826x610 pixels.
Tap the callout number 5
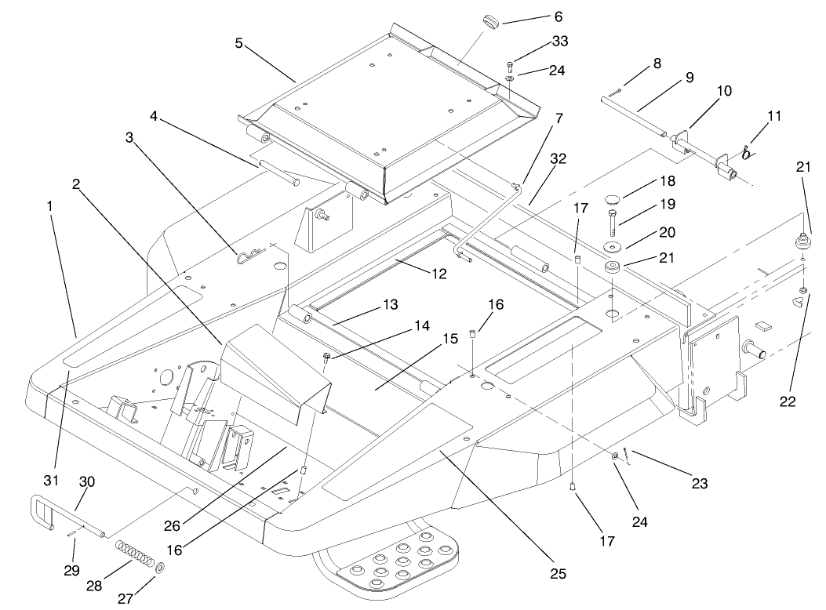[238, 44]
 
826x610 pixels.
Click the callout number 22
[787, 401]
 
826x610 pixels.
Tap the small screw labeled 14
[326, 358]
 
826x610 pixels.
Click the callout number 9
[690, 78]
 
